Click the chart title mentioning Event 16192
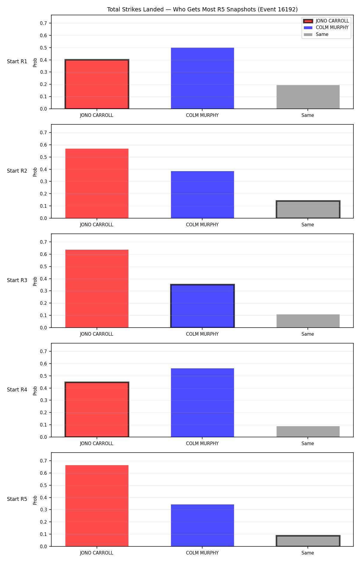[202, 9]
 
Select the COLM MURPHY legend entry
[326, 28]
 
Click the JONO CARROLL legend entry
[326, 21]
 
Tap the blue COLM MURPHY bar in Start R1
[202, 78]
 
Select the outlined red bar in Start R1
[97, 84]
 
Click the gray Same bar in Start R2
[308, 210]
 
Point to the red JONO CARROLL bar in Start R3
[97, 289]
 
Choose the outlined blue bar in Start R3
[202, 306]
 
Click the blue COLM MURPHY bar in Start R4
[202, 403]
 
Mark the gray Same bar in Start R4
[308, 432]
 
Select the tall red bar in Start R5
[97, 506]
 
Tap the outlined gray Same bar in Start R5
[308, 541]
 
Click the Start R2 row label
[17, 171]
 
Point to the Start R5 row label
[17, 499]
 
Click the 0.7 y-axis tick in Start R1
[43, 23]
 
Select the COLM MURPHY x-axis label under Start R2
[202, 225]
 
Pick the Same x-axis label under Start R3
[308, 334]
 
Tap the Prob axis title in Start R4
[35, 391]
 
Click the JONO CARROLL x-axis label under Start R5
[97, 553]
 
